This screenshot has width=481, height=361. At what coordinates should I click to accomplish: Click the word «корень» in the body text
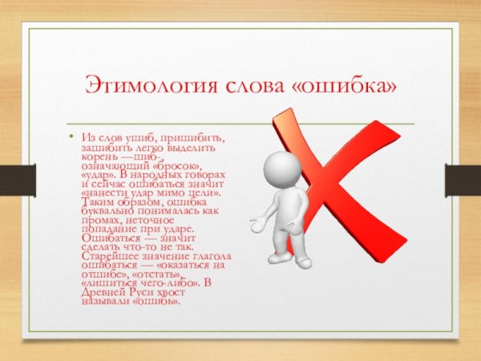point(98,156)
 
